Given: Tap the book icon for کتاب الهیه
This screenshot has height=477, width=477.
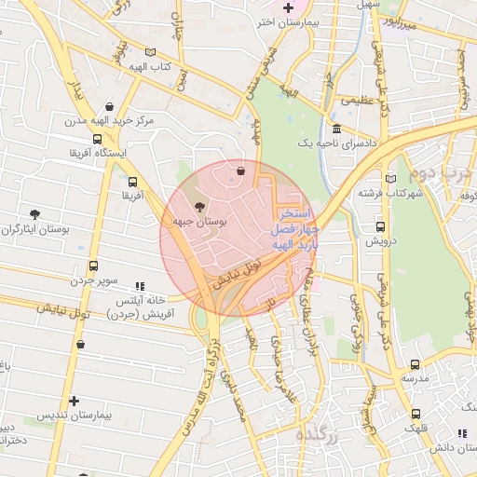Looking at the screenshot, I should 151,53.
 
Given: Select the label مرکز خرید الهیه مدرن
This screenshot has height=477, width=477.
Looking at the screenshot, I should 102,121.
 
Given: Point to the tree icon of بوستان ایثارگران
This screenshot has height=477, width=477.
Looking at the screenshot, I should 35,215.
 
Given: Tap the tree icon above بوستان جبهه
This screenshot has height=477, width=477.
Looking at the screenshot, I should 198,207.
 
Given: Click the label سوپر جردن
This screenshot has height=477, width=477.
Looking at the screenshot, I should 90,279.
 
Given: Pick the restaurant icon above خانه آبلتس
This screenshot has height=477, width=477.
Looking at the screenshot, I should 140,286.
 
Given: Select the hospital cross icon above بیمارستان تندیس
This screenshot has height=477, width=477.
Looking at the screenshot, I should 74,401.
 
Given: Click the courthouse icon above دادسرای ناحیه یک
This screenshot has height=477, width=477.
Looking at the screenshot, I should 335,129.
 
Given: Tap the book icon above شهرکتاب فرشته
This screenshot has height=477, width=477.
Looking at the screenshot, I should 390,178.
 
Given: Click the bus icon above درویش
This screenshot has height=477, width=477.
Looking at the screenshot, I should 380,226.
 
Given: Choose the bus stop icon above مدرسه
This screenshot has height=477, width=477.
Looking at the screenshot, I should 415,364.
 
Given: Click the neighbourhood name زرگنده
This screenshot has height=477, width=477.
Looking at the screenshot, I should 314,435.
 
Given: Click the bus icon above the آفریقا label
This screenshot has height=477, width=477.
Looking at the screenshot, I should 132,183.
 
